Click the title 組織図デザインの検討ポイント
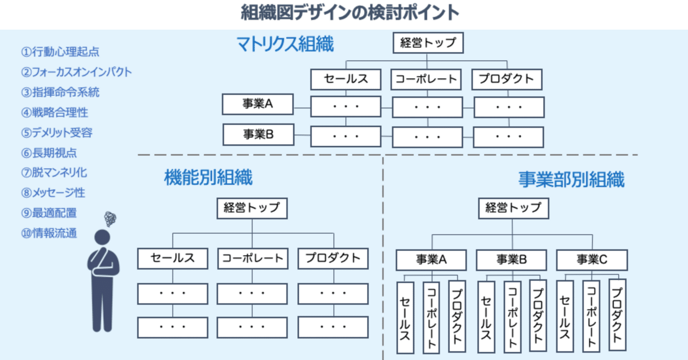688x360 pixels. pos(350,12)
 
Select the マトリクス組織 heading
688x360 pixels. pos(285,44)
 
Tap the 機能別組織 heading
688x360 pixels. pos(208,177)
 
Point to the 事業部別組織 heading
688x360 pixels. pos(571,179)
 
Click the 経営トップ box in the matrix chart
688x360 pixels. pos(428,42)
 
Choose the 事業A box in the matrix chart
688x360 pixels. pos(257,104)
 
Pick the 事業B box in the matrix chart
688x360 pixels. pos(259,134)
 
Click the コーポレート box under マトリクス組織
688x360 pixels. pos(426,79)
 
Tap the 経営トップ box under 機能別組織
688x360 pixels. pos(252,208)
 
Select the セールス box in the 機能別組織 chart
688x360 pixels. pos(173,258)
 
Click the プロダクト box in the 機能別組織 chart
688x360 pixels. pos(333,258)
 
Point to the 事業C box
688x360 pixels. pos(592,260)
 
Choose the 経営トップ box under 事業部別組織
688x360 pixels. pos(513,208)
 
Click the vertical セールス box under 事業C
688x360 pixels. pos(565,316)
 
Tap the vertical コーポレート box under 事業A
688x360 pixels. pos(431,318)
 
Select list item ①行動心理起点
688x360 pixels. pos(60,52)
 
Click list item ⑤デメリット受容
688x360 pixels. pos(57,133)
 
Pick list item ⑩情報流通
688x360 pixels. pos(49,233)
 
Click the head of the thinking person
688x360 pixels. pos(102,237)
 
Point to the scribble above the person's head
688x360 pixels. pos(110,219)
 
